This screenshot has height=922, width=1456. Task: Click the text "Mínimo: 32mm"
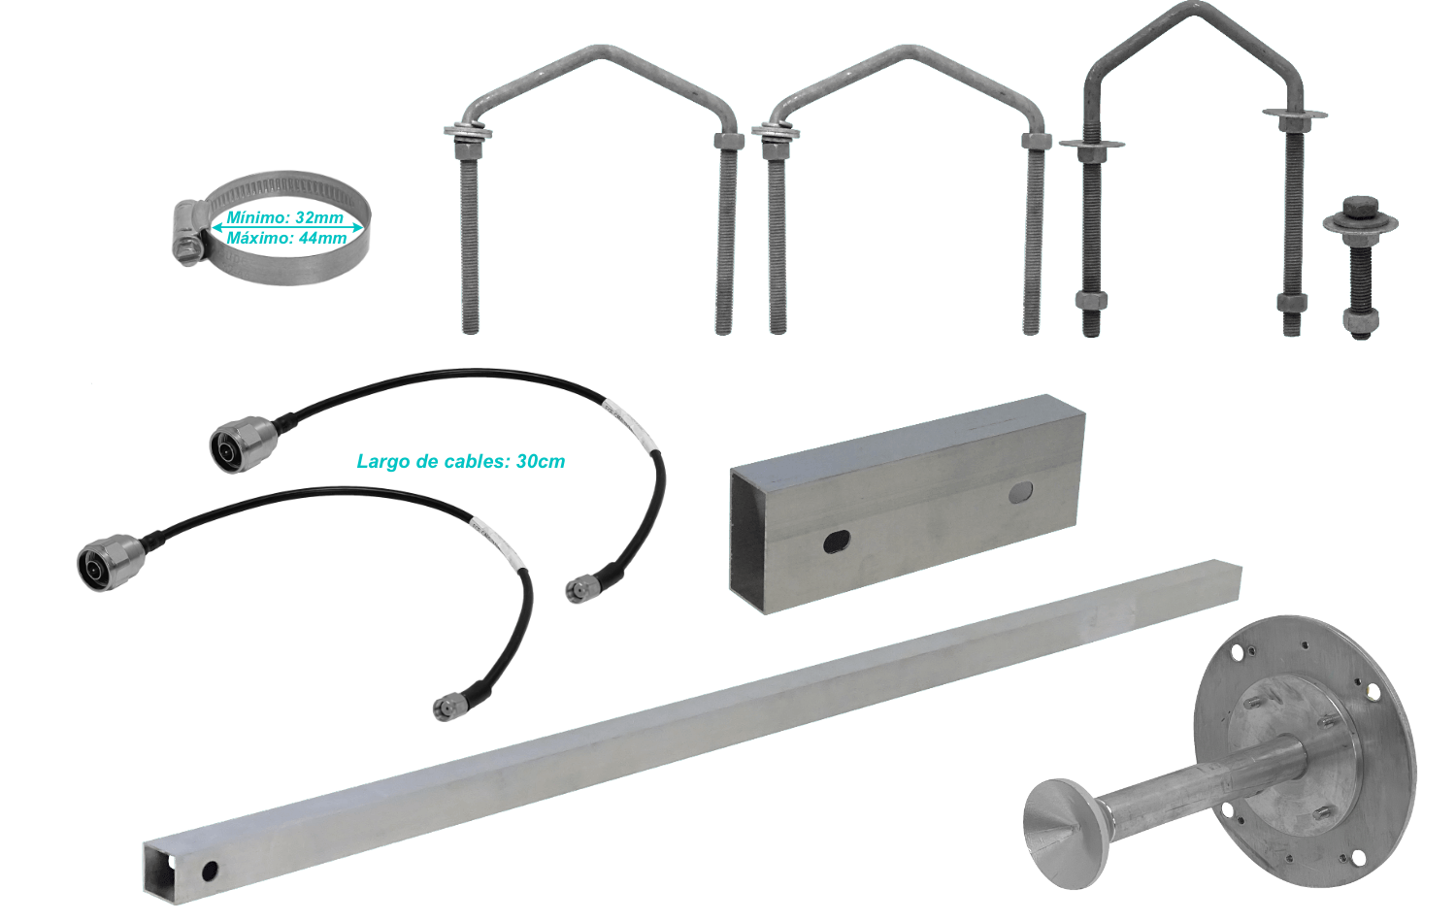pos(284,217)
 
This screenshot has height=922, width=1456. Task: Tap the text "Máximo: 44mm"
pos(286,238)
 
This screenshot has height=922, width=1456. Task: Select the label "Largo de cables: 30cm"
pos(461,461)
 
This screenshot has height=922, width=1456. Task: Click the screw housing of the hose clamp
pos(189,233)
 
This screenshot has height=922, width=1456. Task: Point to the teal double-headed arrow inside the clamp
pos(287,227)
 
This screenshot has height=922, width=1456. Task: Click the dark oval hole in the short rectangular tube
pos(837,542)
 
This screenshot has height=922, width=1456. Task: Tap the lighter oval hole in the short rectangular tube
pos(1021,492)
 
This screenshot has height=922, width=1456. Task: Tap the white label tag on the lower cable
pos(494,536)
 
